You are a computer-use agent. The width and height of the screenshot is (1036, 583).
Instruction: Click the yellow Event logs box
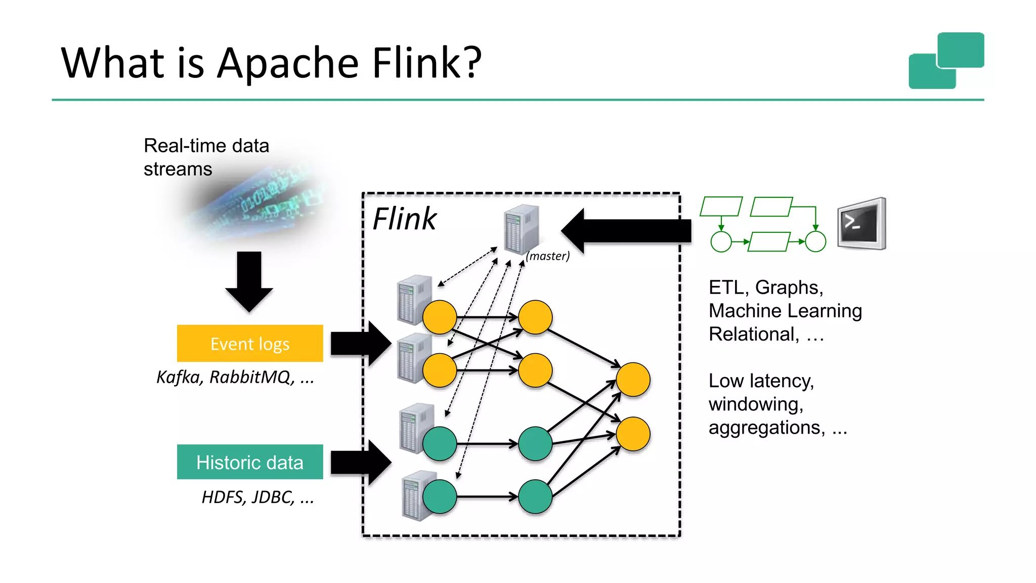[x=250, y=343]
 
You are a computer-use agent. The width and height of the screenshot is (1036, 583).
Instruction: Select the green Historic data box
[x=250, y=462]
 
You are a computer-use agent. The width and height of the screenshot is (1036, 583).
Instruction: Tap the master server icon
[x=521, y=229]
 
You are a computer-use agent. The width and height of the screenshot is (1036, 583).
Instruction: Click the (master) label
[x=547, y=256]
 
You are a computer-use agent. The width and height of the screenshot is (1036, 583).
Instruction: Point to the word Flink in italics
[x=404, y=219]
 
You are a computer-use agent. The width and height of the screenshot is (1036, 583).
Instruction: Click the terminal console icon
[x=861, y=224]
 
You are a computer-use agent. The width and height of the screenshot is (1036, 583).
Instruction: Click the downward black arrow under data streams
[x=249, y=281]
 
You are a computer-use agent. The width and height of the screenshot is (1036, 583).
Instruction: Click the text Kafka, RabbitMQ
[x=235, y=377]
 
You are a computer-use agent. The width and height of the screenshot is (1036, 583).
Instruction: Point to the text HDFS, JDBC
[x=257, y=497]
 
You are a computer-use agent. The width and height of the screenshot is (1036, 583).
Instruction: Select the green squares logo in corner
[x=946, y=61]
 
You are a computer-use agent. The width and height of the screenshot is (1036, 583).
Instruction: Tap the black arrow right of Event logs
[x=360, y=344]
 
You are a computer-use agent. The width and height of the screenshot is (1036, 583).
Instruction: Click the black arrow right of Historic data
[x=360, y=463]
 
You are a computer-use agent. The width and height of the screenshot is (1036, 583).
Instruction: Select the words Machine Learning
[x=785, y=311]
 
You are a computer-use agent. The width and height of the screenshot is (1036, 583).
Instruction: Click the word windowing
[x=756, y=404]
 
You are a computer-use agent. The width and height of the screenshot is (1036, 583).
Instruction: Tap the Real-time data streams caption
[x=206, y=157]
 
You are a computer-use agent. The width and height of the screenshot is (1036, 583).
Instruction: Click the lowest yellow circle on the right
[x=633, y=434]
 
